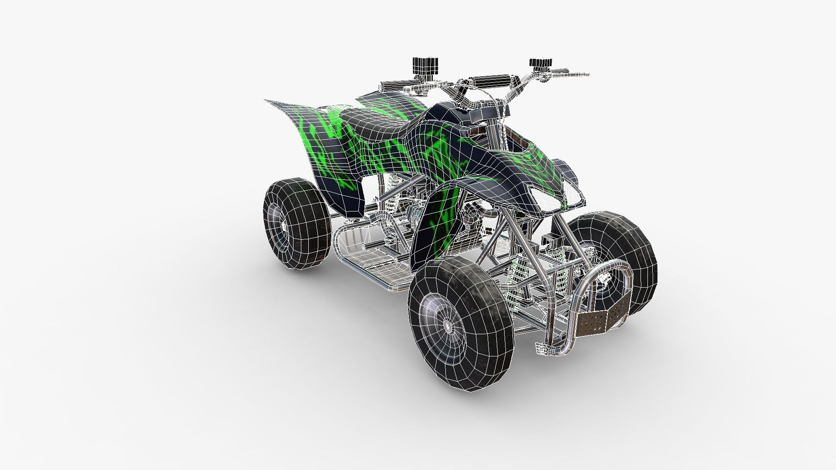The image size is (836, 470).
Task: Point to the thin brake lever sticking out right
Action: (x=575, y=74)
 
